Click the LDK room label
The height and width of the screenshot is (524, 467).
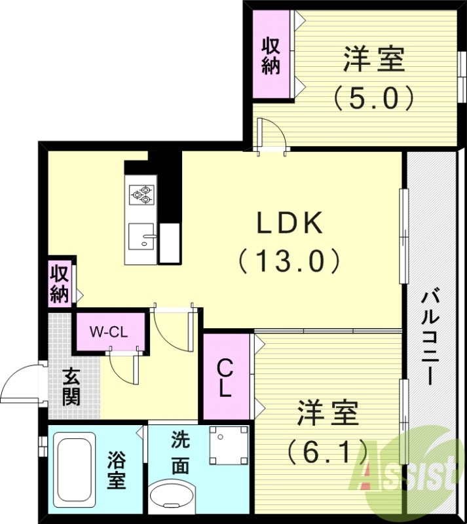click(x=289, y=224)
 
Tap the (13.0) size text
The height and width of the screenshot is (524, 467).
click(x=289, y=261)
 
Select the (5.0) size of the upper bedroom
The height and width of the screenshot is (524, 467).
click(x=373, y=99)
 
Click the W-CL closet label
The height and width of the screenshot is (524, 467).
click(x=108, y=332)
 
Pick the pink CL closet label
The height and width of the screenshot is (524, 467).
click(x=225, y=377)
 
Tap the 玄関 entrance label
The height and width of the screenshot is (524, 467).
click(x=71, y=386)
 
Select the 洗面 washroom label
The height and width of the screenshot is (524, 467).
click(x=181, y=452)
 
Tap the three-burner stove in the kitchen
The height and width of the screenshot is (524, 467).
click(x=141, y=193)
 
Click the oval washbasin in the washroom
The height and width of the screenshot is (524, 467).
click(x=173, y=497)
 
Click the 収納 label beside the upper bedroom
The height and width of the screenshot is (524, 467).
click(x=271, y=56)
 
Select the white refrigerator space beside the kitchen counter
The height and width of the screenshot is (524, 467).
click(x=170, y=243)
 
